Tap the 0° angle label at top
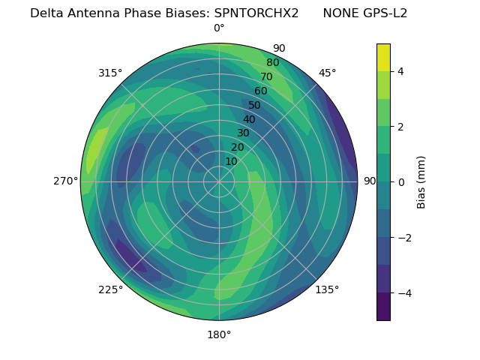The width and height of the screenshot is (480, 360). pos(219,28)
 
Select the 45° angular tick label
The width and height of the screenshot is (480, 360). pos(327,73)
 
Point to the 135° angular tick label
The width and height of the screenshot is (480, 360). pos(327,289)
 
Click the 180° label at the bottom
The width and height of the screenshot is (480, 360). pos(219,334)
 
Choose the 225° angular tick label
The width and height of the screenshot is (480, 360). pos(110,290)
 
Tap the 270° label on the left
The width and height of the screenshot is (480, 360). pos(65,181)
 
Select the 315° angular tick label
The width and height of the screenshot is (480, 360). pos(110,73)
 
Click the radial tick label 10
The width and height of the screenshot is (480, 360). pos(231,161)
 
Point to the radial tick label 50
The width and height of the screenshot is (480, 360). pos(255,105)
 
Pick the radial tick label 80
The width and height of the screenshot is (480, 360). pos(272,62)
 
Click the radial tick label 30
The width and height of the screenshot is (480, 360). pos(243,133)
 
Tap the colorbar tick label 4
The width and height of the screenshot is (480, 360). pos(400,71)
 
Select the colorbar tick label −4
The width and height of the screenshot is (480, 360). pos(403,292)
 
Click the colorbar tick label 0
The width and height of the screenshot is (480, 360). pos(400,182)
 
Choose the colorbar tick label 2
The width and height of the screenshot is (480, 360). pos(400,127)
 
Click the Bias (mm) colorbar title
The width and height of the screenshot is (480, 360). pos(421,181)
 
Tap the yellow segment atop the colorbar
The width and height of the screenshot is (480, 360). pos(383,57)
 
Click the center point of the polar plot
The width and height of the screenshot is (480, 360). pos(219,181)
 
